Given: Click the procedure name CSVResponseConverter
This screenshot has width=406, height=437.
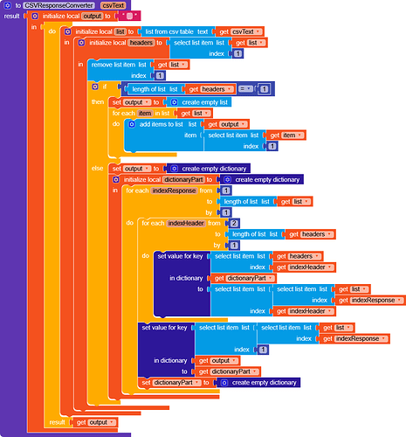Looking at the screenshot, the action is (x=59, y=5).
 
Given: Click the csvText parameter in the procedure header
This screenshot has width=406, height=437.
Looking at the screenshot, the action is (x=114, y=5).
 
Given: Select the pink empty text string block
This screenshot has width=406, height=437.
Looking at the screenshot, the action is (x=129, y=16).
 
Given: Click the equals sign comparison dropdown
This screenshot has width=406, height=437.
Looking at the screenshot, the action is (x=245, y=88).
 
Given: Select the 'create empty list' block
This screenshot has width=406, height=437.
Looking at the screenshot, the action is (x=199, y=102).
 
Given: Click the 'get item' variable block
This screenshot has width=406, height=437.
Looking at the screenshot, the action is (x=286, y=135).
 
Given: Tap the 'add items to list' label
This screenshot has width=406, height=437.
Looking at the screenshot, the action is (x=162, y=124).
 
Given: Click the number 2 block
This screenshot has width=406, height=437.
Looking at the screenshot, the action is (x=234, y=224).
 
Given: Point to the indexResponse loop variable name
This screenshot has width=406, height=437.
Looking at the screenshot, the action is (x=174, y=191).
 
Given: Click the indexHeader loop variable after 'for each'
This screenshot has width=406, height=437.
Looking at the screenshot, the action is (x=186, y=223).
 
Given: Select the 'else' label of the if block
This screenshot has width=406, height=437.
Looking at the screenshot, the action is (x=97, y=169).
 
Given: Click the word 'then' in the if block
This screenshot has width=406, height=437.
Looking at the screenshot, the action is (x=98, y=102).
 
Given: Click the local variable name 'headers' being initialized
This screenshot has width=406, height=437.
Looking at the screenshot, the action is (x=141, y=43).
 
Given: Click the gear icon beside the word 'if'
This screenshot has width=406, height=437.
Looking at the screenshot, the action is (x=95, y=87).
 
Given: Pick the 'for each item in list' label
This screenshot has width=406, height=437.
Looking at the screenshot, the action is (x=141, y=113).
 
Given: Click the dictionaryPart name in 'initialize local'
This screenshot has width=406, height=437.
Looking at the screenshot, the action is (x=183, y=179).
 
